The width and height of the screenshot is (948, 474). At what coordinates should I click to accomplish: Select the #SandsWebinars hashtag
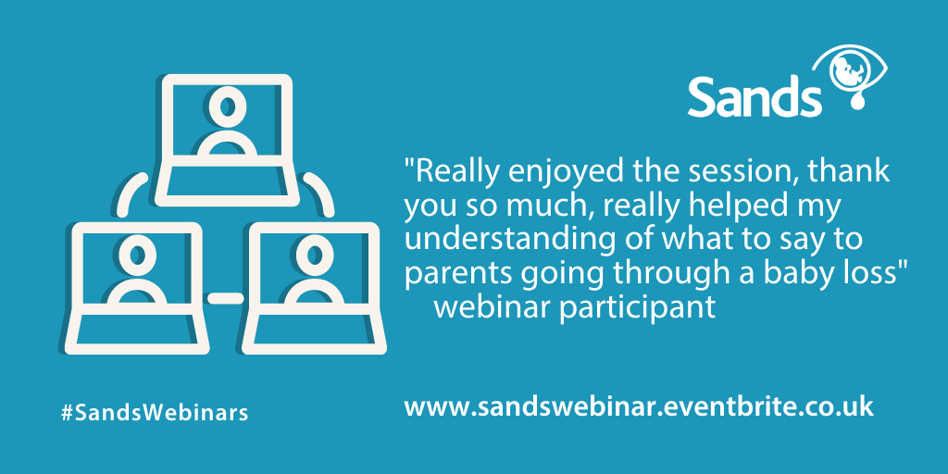click(155, 413)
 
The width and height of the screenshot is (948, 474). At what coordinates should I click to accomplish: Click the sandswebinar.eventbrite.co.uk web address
click(639, 406)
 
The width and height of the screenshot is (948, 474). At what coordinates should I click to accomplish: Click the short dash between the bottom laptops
click(226, 298)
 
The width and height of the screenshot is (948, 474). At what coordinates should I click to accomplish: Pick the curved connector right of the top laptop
click(320, 191)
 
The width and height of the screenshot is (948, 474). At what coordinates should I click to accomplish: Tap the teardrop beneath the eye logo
click(856, 102)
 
